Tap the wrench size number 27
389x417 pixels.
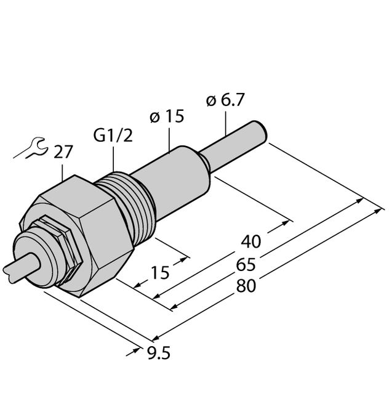pyautogui.click(x=63, y=152)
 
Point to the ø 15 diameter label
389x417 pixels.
pyautogui.click(x=167, y=116)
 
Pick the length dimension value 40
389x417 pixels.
pyautogui.click(x=252, y=240)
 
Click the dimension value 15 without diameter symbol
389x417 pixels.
pyautogui.click(x=161, y=272)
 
